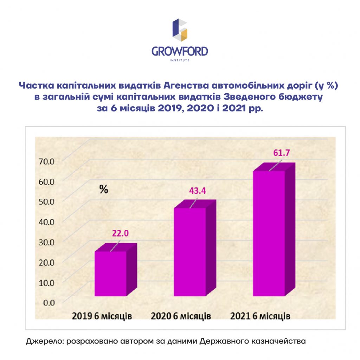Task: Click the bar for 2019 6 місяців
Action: [x=116, y=270]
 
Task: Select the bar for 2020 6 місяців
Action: [x=195, y=248]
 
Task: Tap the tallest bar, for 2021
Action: [x=274, y=229]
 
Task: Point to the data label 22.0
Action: [x=120, y=233]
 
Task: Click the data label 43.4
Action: [x=198, y=191]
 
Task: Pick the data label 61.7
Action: [x=282, y=153]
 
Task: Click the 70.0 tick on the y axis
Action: [x=46, y=161]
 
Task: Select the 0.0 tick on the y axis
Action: [x=49, y=303]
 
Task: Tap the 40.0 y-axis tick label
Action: [x=46, y=222]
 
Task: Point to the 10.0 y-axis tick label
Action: [x=46, y=283]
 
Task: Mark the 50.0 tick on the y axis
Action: [x=46, y=202]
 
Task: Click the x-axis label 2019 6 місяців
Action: [x=102, y=316]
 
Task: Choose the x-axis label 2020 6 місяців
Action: [x=181, y=316]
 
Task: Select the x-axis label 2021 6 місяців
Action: [x=260, y=316]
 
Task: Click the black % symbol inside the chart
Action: [x=104, y=189]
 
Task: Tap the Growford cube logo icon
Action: [x=180, y=30]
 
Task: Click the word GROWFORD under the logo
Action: [x=180, y=51]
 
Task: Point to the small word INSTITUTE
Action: [x=180, y=60]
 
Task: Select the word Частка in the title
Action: [x=37, y=85]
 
